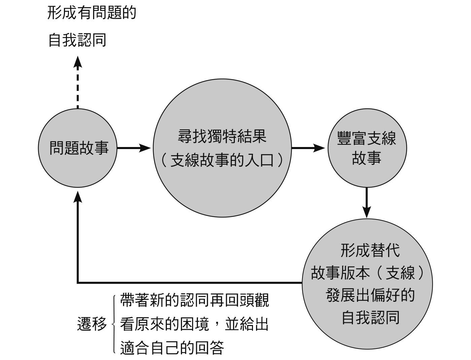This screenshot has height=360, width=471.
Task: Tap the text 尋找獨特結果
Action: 222,136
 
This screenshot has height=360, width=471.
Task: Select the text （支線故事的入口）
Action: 222,160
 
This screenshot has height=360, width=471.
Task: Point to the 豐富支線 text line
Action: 367,138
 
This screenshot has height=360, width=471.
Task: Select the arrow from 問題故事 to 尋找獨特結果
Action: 134,148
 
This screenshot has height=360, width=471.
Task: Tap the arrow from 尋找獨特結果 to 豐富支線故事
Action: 308,148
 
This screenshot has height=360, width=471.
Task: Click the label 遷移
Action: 92,324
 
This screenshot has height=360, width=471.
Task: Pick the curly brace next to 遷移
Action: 114,324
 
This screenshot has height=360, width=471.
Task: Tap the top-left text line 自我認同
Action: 77,40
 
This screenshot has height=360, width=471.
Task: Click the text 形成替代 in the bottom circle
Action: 370,250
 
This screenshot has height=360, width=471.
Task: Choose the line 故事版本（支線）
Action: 367,273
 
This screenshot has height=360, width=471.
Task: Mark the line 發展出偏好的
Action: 370,295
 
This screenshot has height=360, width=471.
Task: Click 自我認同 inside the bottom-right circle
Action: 370,317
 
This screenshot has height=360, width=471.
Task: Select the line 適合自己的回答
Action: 172,347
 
